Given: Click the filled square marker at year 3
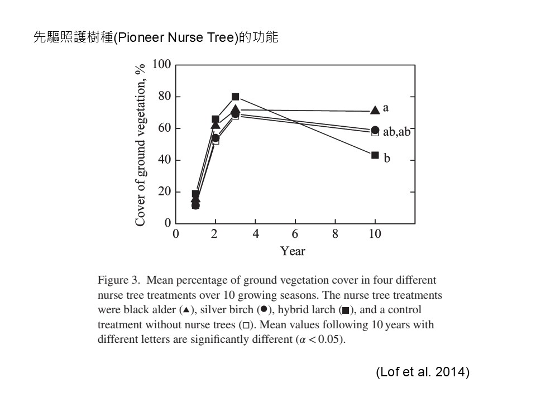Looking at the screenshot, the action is [235, 97].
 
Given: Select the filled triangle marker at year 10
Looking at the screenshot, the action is [375, 110].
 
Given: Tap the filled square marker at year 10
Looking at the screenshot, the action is [375, 155].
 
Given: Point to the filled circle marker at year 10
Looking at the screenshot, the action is [375, 130].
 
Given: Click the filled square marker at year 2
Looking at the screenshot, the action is [216, 119].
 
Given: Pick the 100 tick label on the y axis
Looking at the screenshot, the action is [161, 64].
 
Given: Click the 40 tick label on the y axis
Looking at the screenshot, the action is [164, 160].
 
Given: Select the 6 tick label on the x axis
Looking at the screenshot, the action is [295, 234].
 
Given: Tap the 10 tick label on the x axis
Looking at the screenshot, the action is [375, 234].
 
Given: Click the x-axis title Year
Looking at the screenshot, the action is [293, 251].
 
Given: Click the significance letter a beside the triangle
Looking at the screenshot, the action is [386, 108].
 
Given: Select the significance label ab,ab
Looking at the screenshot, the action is [396, 131].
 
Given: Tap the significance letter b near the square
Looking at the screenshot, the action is [386, 157].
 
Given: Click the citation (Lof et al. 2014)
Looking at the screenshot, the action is [423, 372].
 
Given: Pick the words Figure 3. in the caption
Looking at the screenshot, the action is [119, 280].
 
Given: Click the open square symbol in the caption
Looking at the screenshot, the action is [246, 325].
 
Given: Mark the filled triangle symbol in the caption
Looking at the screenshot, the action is [186, 310].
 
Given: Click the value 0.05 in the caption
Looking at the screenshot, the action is [329, 339].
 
